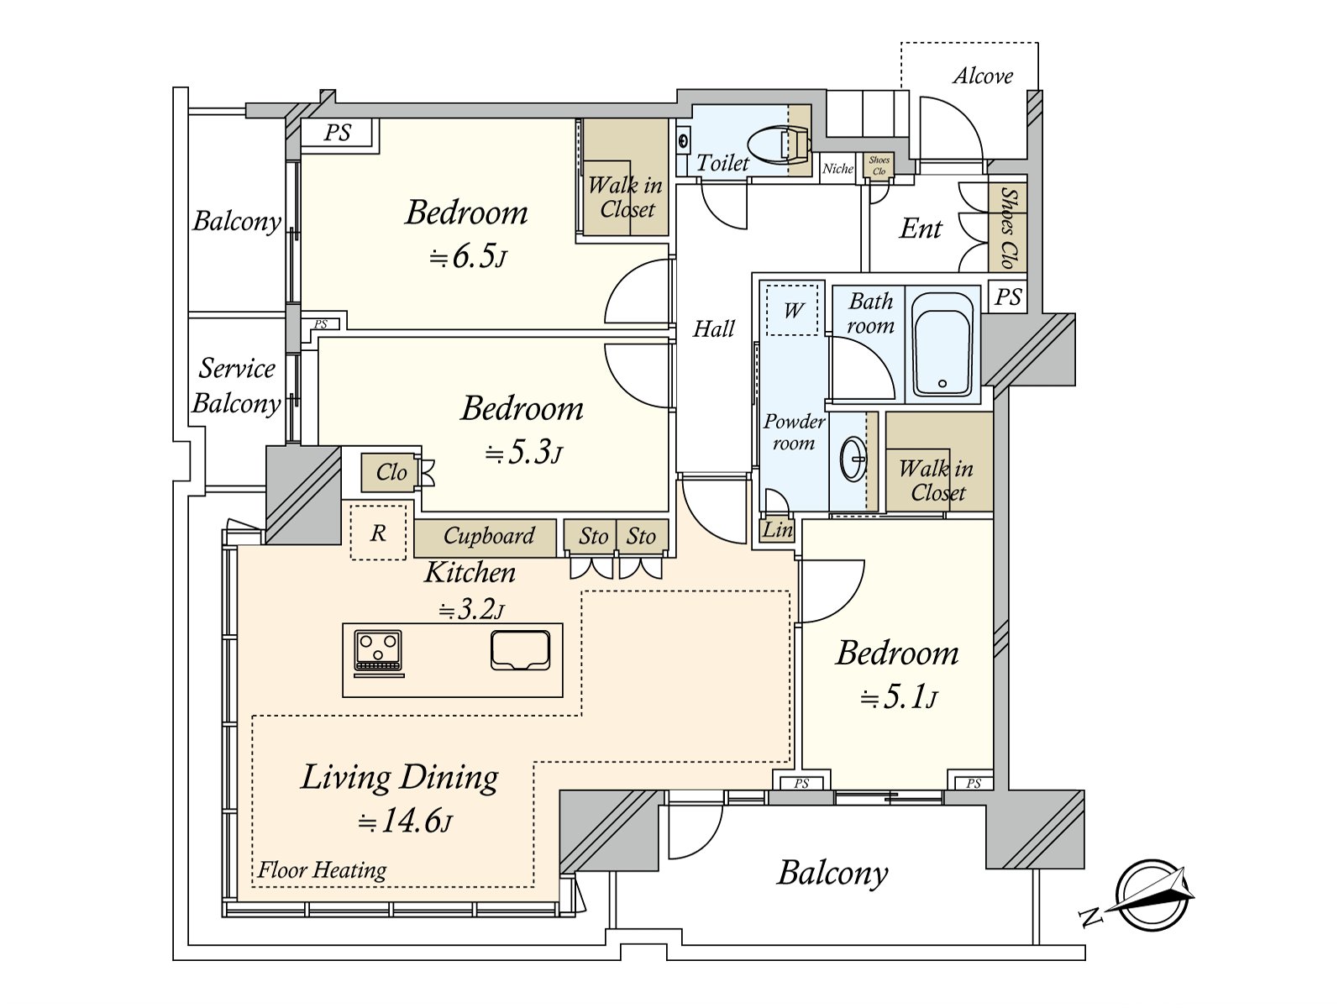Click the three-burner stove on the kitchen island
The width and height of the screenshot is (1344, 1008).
(378, 653)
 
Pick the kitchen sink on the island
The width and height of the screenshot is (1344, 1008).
(521, 650)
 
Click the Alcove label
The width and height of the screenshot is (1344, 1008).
(983, 76)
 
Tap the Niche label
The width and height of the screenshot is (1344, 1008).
(837, 168)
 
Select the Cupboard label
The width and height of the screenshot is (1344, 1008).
(489, 536)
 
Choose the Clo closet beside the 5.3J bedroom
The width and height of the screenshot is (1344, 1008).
(390, 472)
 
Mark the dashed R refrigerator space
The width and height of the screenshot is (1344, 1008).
(378, 532)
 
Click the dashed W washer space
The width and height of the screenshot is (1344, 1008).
(792, 310)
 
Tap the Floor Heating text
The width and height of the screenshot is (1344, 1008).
(322, 869)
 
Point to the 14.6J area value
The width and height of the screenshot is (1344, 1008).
(405, 822)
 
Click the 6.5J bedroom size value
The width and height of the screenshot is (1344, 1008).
(468, 257)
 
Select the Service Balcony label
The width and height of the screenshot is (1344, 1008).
(236, 386)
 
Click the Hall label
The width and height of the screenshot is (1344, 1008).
(714, 329)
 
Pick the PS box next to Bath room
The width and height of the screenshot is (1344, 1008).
(1007, 297)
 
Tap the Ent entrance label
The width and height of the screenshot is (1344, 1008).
(921, 228)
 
